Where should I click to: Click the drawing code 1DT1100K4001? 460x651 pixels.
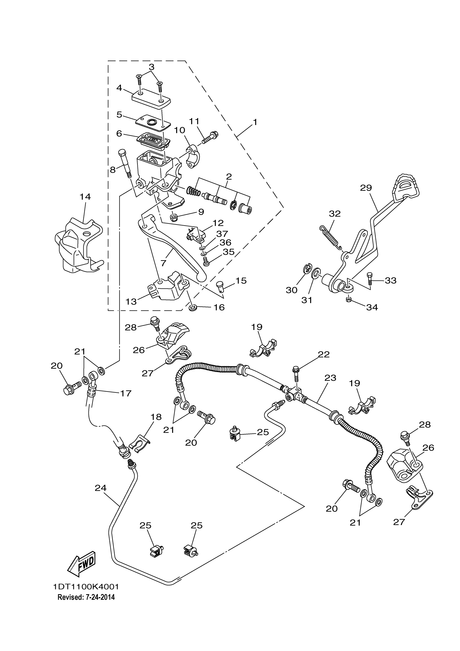[86, 587]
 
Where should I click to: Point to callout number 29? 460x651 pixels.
[366, 188]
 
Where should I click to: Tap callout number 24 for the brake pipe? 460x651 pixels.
[101, 488]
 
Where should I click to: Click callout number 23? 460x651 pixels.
[330, 378]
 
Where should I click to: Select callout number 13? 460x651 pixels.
[131, 301]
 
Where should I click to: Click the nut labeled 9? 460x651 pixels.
[173, 218]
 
